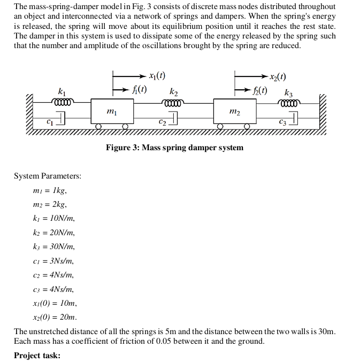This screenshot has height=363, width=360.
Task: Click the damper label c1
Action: pos(50,121)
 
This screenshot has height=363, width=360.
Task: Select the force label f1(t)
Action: pos(140,89)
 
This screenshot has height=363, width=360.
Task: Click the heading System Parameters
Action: pos(48,176)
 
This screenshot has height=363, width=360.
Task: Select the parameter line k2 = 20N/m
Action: pos(54,233)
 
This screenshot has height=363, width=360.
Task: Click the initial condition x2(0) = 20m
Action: pos(55,317)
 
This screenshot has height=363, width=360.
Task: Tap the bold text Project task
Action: pos(37,356)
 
